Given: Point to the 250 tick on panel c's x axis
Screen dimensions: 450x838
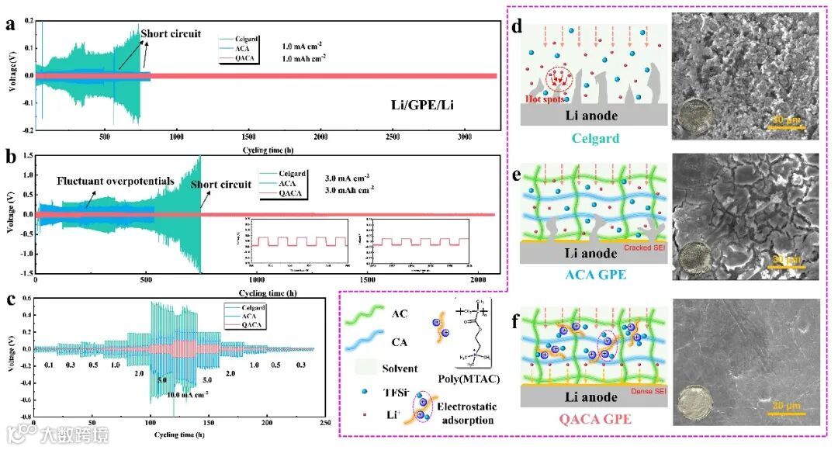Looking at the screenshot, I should tap(325, 421).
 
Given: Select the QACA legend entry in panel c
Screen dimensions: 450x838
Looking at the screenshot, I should tap(252, 324).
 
